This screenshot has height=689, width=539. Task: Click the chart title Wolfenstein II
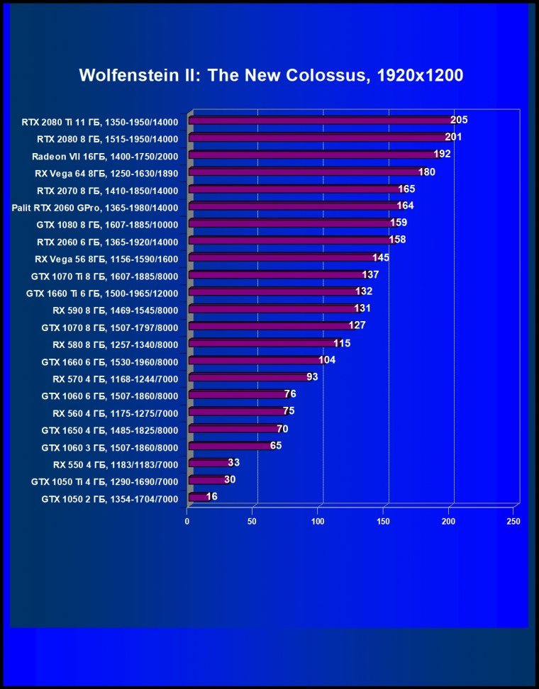[x=271, y=75]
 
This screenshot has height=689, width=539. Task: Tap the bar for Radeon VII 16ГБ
[x=313, y=155]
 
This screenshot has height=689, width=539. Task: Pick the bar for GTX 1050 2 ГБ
[x=198, y=498]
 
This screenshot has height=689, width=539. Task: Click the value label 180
[x=426, y=172]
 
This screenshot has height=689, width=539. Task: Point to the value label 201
[x=453, y=138]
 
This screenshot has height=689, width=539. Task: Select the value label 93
[x=312, y=376]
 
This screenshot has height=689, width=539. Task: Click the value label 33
[x=234, y=463]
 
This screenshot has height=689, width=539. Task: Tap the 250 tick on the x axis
[x=513, y=522]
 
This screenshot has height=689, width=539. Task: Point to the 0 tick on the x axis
[x=187, y=522]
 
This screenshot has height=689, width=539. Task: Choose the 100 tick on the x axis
[x=318, y=522]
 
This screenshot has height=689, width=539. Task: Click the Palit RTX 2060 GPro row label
[x=95, y=208]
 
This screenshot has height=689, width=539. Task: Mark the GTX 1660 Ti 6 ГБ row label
[x=101, y=293]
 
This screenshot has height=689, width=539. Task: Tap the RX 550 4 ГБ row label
[x=116, y=464]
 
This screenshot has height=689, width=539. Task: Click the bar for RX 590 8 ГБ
[x=274, y=309]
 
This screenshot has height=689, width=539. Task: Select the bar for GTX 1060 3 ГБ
[x=230, y=446]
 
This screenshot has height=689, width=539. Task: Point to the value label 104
[x=326, y=360]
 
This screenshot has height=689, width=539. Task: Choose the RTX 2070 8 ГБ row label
[x=108, y=190]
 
